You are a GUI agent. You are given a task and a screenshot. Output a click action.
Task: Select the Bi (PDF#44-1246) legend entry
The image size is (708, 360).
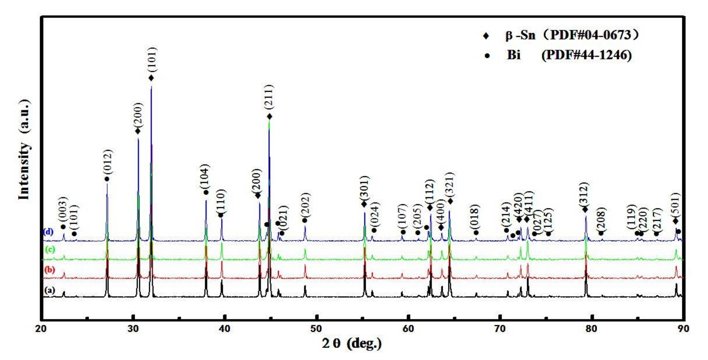569,55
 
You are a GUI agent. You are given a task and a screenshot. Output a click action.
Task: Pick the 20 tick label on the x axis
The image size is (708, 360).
41,329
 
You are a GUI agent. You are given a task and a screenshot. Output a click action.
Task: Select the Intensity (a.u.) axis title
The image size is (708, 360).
24,150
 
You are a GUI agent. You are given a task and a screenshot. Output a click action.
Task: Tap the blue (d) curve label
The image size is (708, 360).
48,232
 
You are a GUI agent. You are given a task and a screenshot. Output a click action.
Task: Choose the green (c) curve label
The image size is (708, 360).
50,250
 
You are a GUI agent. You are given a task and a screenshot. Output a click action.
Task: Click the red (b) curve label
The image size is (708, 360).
50,270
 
